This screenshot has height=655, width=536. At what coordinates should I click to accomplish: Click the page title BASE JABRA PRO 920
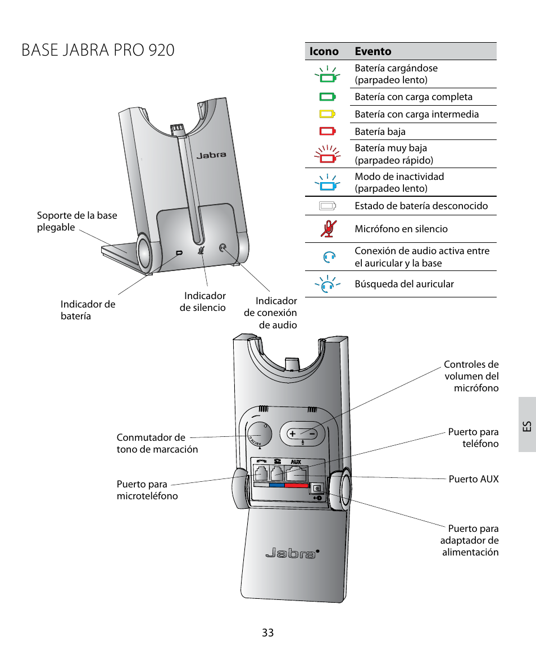click(98, 50)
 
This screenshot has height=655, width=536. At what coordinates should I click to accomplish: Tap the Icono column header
click(324, 52)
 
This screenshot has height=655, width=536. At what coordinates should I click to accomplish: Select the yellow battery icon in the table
click(327, 114)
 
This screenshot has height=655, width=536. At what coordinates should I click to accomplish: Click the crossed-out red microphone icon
click(327, 228)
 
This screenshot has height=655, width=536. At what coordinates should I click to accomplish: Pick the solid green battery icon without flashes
click(327, 97)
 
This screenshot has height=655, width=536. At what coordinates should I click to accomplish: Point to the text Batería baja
click(380, 132)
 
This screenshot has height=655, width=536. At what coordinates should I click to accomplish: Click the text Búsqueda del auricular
click(404, 284)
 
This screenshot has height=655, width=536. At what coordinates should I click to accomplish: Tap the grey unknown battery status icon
click(327, 205)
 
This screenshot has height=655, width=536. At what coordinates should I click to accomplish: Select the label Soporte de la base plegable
click(77, 222)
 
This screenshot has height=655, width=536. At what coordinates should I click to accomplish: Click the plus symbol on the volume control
click(292, 433)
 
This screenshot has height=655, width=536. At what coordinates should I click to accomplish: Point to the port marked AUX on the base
click(296, 471)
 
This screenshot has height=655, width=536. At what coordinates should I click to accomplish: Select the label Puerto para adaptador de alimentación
click(470, 540)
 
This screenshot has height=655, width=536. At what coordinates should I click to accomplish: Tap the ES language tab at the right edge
click(526, 424)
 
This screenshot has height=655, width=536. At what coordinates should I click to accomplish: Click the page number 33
click(267, 633)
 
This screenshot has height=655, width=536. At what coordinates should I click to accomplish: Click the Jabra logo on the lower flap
click(290, 554)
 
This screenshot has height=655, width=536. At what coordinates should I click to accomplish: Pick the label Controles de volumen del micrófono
click(471, 376)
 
